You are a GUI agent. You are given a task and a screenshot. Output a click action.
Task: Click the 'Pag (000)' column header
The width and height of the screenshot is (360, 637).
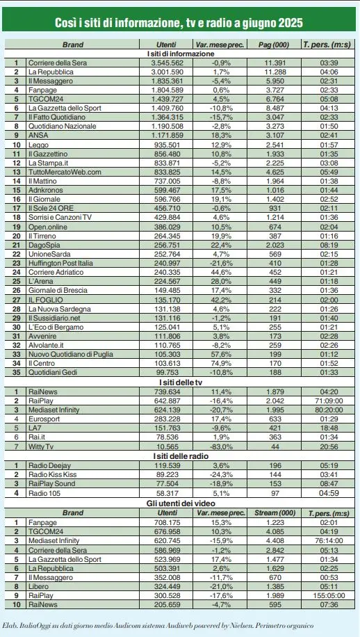(270, 45)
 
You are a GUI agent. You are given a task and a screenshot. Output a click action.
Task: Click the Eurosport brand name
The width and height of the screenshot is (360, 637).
(44, 419)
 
